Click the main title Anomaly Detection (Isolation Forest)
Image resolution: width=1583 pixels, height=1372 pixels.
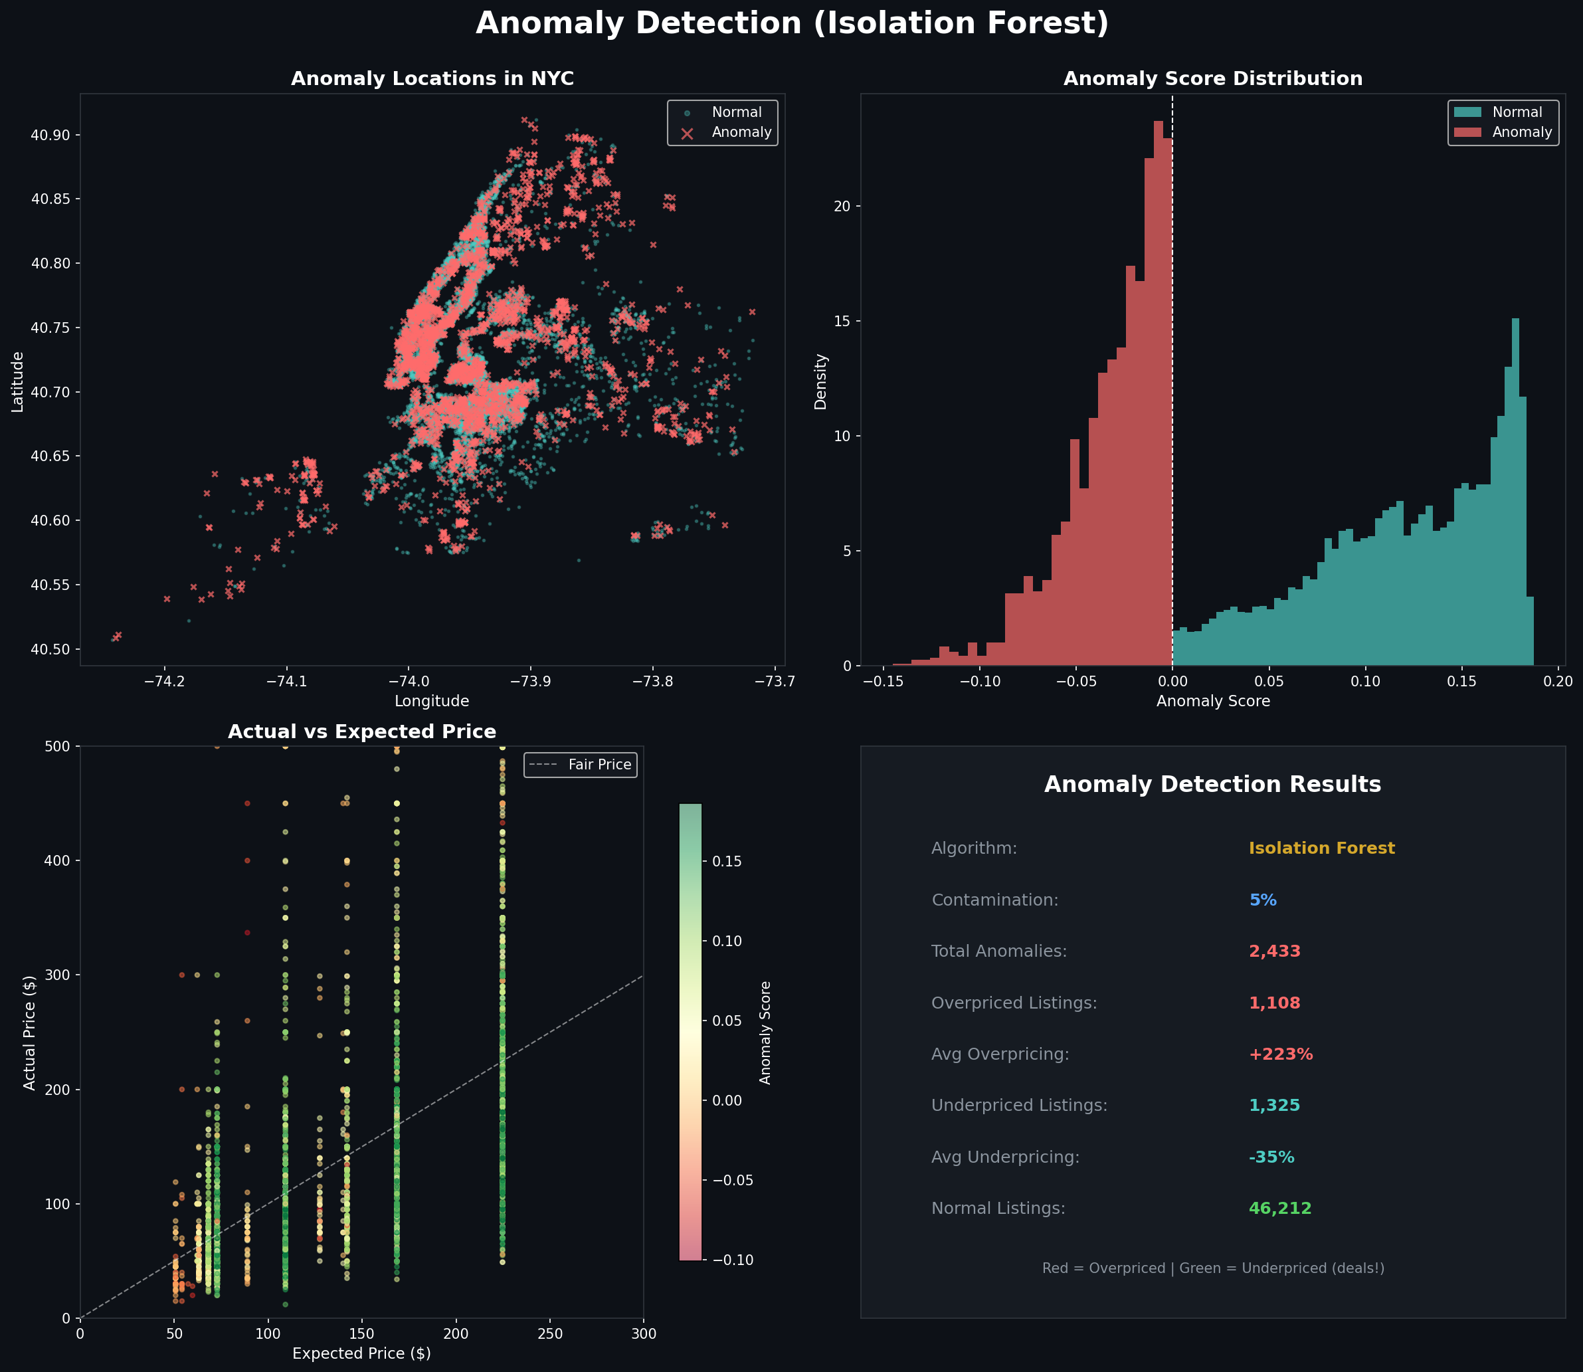tap(792, 24)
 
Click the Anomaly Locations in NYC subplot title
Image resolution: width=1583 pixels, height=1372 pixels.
tap(432, 79)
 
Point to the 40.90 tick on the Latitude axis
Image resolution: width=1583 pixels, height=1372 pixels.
tap(50, 135)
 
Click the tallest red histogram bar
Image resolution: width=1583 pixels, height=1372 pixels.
tap(1158, 383)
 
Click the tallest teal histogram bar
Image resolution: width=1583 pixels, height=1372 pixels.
tap(1515, 490)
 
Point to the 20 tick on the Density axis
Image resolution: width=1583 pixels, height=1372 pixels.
tap(842, 207)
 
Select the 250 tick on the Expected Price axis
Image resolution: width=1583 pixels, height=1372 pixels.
tap(549, 1333)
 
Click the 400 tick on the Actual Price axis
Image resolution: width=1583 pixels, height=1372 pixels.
tap(59, 860)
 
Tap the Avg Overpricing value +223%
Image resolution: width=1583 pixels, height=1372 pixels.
tap(1280, 1054)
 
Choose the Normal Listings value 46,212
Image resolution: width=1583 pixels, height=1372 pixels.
tap(1279, 1208)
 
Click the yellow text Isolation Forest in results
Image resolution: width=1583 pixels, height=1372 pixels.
tap(1321, 848)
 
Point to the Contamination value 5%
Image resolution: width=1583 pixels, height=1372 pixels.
tap(1262, 900)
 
